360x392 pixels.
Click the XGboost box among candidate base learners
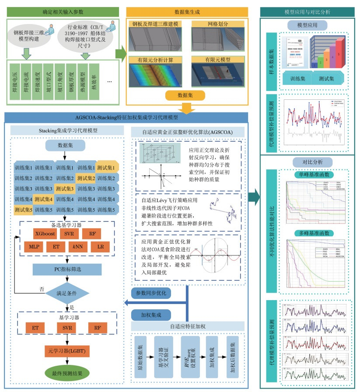pyautogui.click(x=43, y=234)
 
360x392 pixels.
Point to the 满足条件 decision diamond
pyautogui.click(x=65, y=290)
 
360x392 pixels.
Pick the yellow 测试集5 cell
pyautogui.click(x=23, y=209)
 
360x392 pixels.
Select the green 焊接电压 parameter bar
pyautogui.click(x=16, y=81)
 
